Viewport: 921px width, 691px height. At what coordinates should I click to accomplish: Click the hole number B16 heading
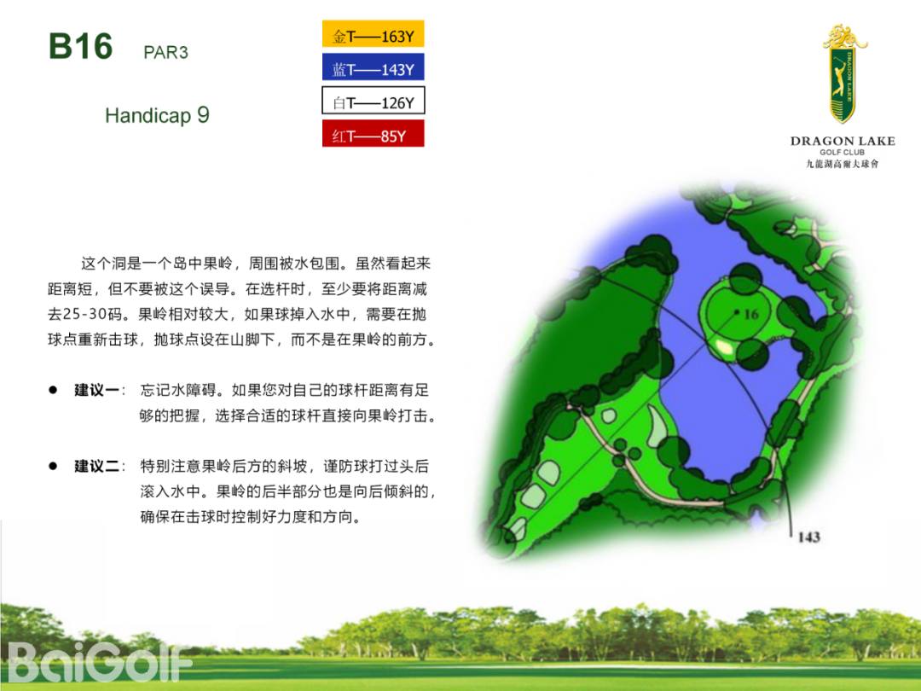[80, 46]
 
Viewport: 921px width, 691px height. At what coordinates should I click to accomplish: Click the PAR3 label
[165, 52]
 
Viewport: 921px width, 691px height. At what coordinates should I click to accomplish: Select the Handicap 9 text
[158, 115]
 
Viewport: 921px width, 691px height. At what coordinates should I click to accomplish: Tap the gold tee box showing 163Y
[373, 34]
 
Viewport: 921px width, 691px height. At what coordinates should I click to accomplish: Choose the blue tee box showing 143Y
[373, 67]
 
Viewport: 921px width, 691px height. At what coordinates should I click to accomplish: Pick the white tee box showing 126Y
[373, 101]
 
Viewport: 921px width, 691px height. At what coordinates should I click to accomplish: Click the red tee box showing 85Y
[373, 133]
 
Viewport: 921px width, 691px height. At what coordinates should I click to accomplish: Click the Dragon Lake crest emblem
[843, 73]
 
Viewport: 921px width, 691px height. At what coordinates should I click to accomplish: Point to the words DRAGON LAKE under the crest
[843, 141]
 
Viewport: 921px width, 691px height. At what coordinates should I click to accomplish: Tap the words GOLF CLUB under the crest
[843, 152]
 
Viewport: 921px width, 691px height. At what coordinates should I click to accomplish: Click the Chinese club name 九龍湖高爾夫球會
[843, 164]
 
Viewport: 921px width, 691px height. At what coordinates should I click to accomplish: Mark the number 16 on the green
[751, 314]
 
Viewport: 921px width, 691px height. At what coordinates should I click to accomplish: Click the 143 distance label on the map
[808, 537]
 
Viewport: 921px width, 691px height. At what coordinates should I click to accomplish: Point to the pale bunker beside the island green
[724, 347]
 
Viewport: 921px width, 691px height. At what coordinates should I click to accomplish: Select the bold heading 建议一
[97, 390]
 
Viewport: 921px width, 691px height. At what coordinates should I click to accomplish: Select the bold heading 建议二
[97, 467]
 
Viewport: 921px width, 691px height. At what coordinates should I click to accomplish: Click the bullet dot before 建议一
[53, 390]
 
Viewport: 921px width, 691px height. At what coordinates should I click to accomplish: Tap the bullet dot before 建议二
[53, 466]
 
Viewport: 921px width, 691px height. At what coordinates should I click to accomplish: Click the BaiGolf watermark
[100, 662]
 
